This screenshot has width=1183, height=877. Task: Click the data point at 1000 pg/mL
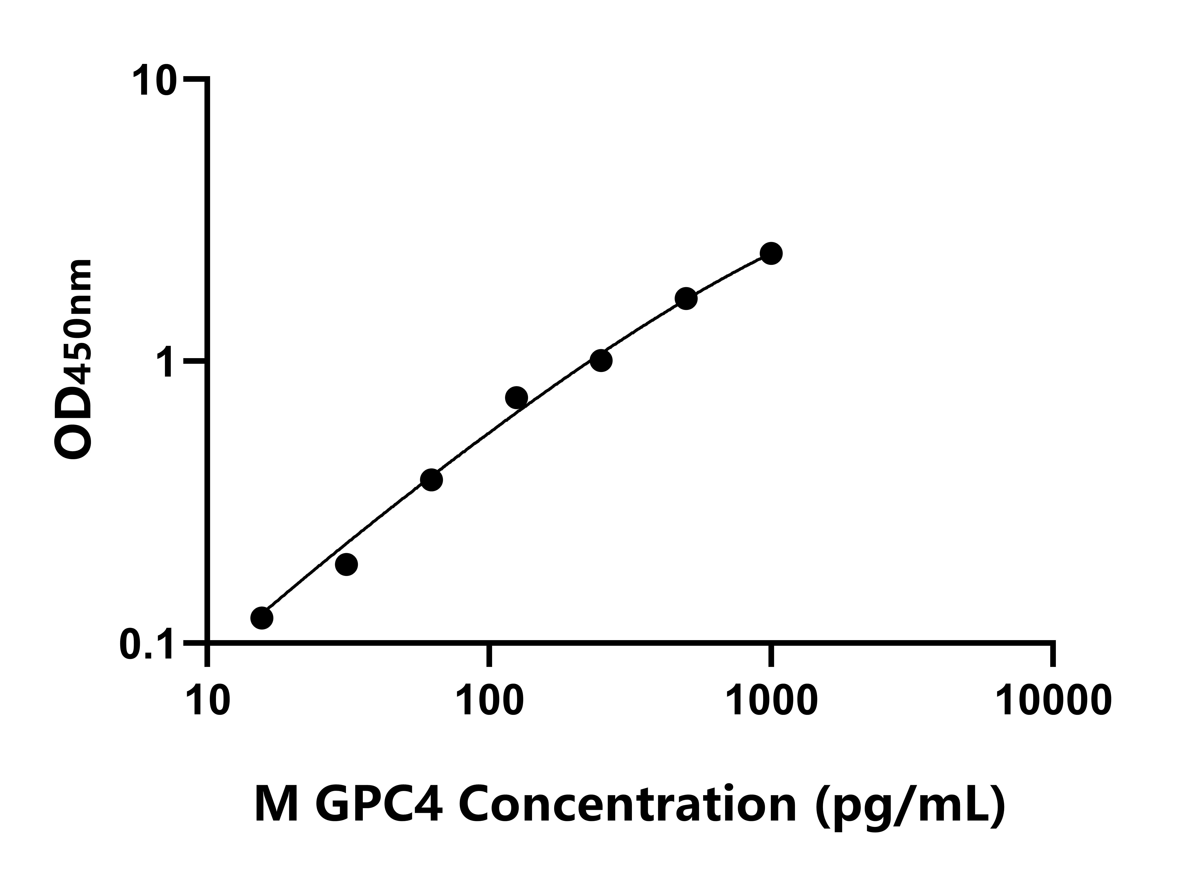(771, 253)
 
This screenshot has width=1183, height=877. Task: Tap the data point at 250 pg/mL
(601, 360)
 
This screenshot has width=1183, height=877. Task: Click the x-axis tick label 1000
(771, 702)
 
